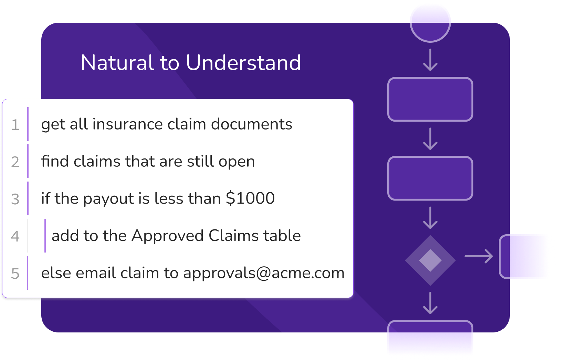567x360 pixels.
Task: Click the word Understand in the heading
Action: [x=243, y=62]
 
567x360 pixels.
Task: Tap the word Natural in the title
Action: [x=117, y=62]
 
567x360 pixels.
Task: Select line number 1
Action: [x=15, y=125]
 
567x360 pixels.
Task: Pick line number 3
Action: [x=15, y=199]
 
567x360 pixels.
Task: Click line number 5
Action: [x=15, y=274]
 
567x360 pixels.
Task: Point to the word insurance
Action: [x=128, y=124]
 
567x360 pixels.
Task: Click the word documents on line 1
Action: [x=252, y=124]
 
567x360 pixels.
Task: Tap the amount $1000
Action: [x=250, y=198]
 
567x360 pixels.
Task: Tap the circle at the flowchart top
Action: [x=430, y=22]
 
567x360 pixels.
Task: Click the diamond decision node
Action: [x=430, y=260]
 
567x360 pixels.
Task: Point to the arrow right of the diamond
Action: [x=479, y=256]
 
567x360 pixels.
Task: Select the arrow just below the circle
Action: [x=430, y=60]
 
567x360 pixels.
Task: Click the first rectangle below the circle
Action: [x=430, y=99]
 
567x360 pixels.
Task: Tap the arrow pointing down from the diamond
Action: [x=430, y=303]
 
